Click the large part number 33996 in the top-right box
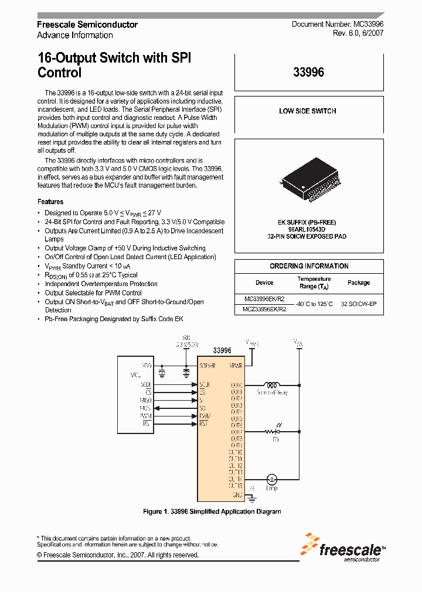(x=308, y=73)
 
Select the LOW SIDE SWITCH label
(x=308, y=111)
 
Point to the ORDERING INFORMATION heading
(x=309, y=266)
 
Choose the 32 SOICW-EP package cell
(x=359, y=304)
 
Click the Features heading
(x=50, y=202)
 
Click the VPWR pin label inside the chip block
(x=236, y=365)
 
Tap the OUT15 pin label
(x=236, y=485)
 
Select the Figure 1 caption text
(x=212, y=511)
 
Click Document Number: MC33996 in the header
(x=338, y=25)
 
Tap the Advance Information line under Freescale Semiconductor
(x=74, y=35)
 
